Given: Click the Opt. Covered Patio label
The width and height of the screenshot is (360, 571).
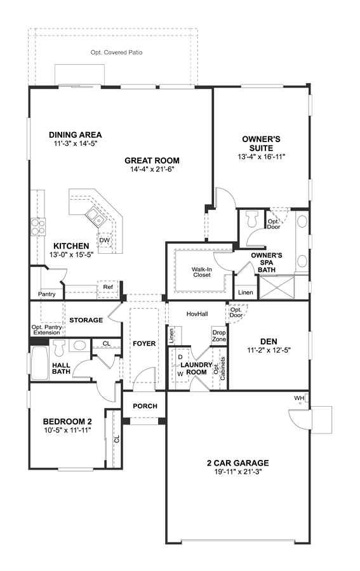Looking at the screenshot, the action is (117, 53).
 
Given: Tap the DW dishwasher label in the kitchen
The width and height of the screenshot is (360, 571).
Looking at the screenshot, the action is (104, 240).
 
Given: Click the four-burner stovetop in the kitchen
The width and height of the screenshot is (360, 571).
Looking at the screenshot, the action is (37, 226).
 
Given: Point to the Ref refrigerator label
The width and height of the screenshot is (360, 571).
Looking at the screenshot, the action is (108, 287).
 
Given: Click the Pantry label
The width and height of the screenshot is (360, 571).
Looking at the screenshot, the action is (46, 294).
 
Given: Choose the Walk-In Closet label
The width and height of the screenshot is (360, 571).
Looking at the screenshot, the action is (202, 272).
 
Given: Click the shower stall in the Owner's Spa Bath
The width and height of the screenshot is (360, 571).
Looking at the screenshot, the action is (277, 287).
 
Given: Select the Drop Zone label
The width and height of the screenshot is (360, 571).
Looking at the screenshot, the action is (219, 336).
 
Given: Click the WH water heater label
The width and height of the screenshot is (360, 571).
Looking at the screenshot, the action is (299, 398).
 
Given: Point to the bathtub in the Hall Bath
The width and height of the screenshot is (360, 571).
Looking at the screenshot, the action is (39, 363).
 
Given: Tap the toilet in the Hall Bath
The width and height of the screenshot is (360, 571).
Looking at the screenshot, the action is (59, 348).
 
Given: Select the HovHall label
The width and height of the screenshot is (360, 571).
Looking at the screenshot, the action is (197, 314).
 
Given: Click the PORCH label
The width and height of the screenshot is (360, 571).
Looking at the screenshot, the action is (145, 406).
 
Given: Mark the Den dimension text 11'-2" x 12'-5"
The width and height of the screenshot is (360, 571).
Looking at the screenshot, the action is (269, 351).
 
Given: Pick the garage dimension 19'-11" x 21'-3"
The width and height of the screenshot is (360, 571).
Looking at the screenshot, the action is (238, 471).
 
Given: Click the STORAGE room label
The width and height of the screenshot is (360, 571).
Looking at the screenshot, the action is (86, 320).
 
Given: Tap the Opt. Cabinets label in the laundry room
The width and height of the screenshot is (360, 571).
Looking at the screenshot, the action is (219, 368).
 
